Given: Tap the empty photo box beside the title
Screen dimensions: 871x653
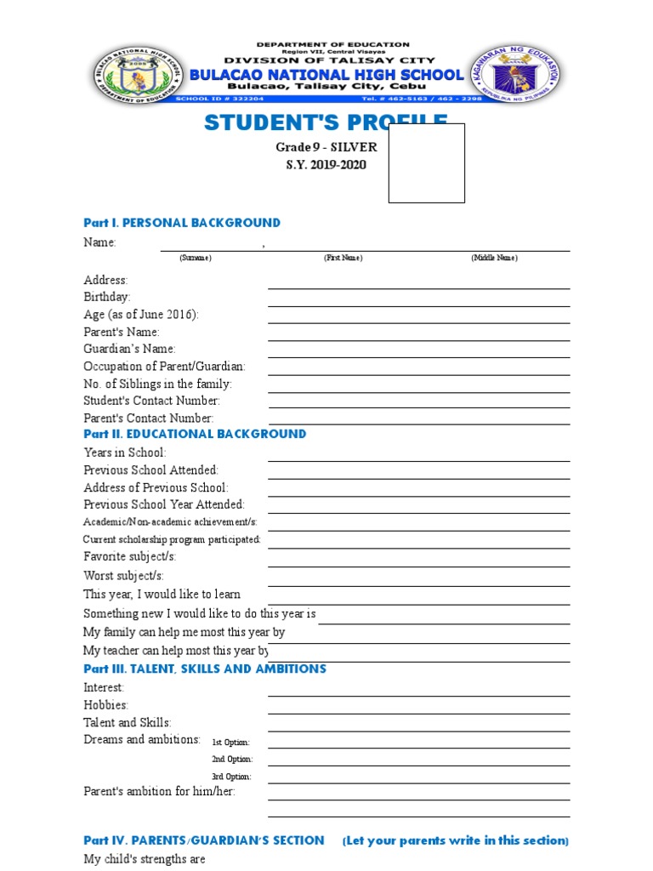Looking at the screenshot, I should click(x=426, y=162).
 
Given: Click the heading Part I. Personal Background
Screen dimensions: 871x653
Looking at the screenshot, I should click(x=181, y=223).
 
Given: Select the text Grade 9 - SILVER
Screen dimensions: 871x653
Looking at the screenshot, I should click(x=326, y=147).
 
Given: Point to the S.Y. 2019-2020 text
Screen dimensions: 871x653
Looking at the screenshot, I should click(x=326, y=164).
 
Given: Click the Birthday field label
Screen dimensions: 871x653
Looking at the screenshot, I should click(x=107, y=297).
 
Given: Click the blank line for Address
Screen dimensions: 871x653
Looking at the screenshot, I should click(x=418, y=287).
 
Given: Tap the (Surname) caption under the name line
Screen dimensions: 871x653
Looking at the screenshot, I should click(x=196, y=258).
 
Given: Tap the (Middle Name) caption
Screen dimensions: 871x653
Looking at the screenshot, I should click(x=494, y=258).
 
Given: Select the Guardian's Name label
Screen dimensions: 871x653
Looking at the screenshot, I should click(x=129, y=349).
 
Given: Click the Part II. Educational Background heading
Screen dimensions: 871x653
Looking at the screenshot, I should click(x=195, y=434).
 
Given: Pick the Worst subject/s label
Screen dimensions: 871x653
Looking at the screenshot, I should click(x=123, y=576).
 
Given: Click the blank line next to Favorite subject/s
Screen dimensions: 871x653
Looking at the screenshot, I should click(x=418, y=565).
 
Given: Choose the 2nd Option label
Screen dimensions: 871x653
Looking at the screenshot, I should click(x=232, y=760).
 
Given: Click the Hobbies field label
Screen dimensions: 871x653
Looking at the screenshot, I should click(x=105, y=705).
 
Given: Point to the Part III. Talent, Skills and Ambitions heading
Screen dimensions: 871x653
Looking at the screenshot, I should click(x=204, y=669).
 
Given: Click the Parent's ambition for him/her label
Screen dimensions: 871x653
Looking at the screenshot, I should click(x=159, y=791).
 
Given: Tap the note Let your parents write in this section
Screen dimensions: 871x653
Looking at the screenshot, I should click(x=456, y=840).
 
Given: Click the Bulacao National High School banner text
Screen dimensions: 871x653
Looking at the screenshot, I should click(x=326, y=75).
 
